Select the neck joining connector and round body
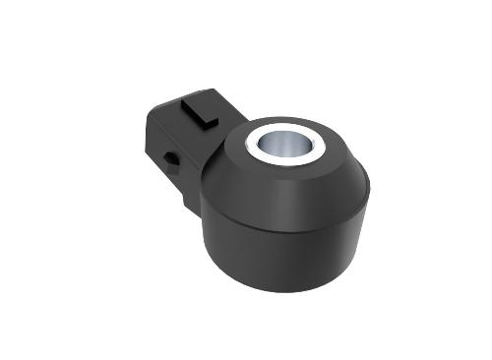coord(209,157)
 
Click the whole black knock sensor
coord(276,197)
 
